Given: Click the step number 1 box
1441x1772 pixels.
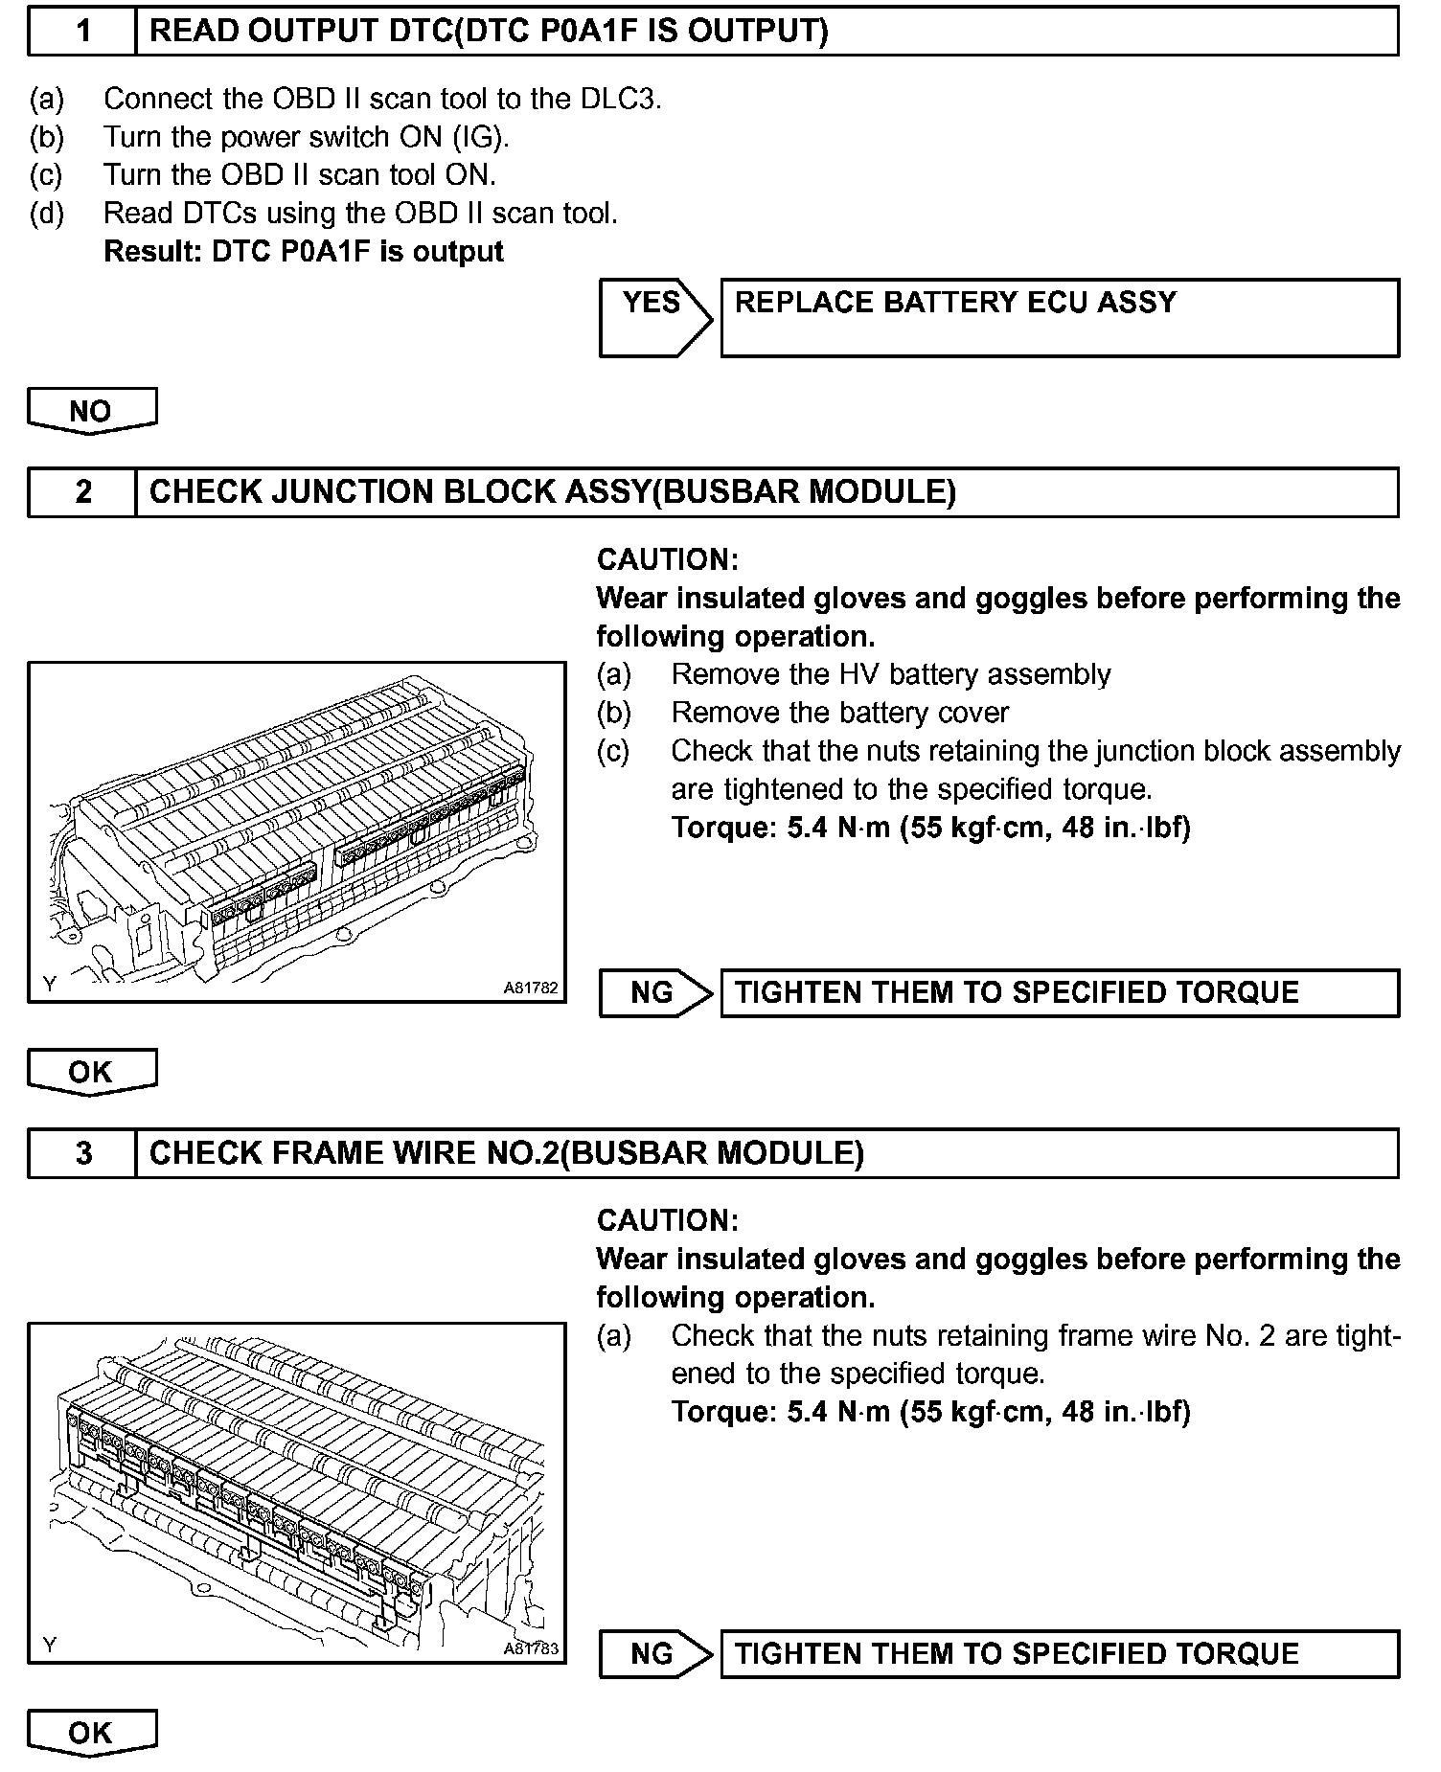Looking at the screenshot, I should point(82,32).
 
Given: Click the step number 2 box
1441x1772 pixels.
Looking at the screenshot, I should point(82,492).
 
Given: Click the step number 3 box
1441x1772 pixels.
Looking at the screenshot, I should point(82,1153).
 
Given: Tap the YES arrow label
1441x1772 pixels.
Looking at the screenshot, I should point(652,304).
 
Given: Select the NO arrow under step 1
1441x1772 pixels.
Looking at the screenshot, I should point(91,411).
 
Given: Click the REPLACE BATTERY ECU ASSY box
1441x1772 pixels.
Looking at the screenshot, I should point(1059,318).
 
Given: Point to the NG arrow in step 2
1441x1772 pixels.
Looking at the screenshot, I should point(653,993).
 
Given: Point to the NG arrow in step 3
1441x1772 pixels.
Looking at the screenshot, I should point(653,1654).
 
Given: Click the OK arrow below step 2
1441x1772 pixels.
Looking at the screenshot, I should point(91,1072).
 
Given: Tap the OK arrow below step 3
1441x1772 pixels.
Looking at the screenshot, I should point(91,1733).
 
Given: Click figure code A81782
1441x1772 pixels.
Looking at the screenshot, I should point(531,988).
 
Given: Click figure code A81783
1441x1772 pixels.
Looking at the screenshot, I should point(531,1648).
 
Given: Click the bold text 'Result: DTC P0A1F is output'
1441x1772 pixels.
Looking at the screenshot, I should point(303,252).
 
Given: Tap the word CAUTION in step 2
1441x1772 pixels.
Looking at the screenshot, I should point(667,560).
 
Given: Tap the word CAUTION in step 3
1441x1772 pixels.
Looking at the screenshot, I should point(667,1221).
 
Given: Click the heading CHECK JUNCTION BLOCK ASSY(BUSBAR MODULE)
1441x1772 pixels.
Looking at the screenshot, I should point(553,492).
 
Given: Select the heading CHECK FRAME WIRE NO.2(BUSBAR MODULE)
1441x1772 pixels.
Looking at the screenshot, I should point(507,1153).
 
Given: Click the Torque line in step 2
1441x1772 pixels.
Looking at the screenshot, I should point(930,828).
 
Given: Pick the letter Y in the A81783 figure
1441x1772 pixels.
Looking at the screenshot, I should point(50,1646).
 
